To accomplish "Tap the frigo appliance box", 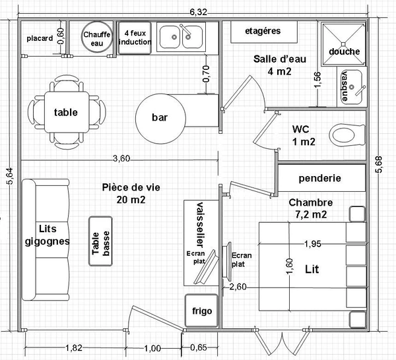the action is (201, 311).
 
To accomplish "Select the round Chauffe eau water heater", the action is (97, 38).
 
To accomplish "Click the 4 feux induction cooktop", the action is (135, 38).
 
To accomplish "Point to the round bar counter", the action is (160, 119).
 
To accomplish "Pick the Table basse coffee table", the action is (100, 241).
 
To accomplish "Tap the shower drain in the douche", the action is (343, 44).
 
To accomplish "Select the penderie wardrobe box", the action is (321, 178).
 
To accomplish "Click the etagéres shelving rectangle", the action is (264, 32).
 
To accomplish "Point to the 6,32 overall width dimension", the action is (198, 12).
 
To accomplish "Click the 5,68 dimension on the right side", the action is (379, 164).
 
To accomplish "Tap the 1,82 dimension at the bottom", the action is (74, 347).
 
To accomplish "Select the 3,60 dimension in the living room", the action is (121, 158).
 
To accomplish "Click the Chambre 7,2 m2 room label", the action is (311, 208).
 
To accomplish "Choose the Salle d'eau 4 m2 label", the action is (280, 65).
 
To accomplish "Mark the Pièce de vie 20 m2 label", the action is (131, 193).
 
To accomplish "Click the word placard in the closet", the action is (40, 38).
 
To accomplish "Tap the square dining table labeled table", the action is (67, 112).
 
